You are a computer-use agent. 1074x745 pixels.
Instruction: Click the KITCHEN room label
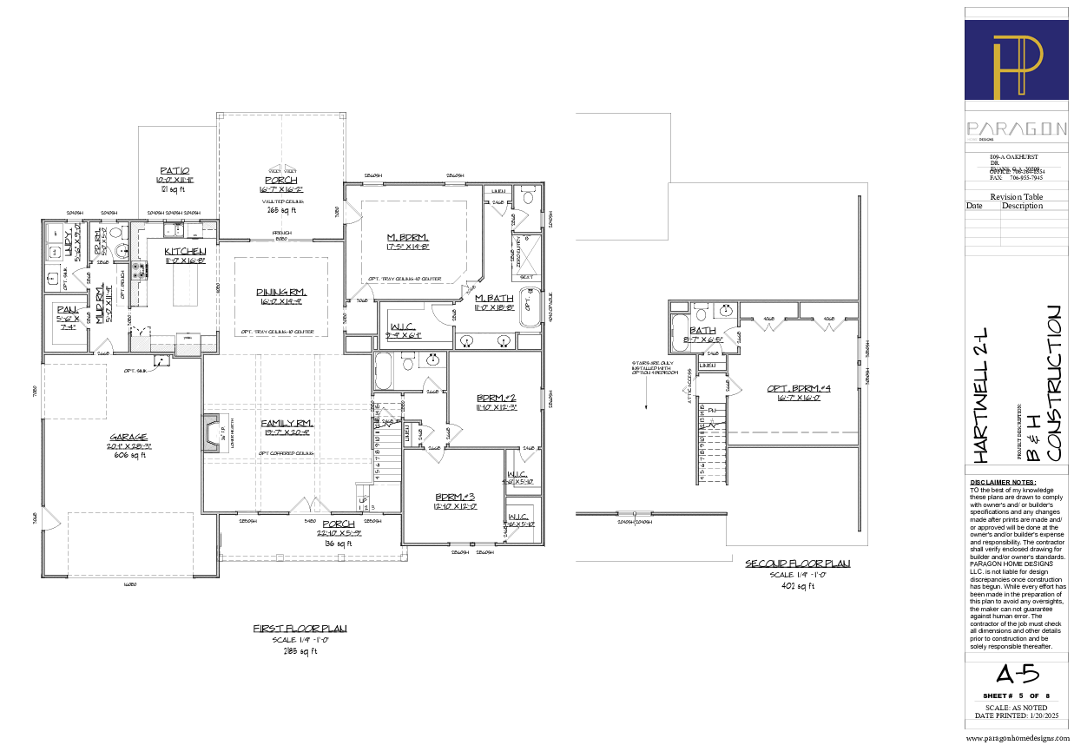[x=185, y=252]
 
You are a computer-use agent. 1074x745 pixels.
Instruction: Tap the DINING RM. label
[x=280, y=292]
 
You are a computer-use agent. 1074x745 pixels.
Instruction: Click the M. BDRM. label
[x=408, y=237]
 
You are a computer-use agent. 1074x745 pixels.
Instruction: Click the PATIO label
[x=175, y=170]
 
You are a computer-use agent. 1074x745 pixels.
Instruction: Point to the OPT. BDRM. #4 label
[x=799, y=388]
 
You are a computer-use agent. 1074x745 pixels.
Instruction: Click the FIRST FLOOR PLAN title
[x=300, y=628]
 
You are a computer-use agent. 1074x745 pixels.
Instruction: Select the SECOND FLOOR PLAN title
[x=797, y=564]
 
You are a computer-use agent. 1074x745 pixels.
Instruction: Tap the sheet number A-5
[x=1016, y=675]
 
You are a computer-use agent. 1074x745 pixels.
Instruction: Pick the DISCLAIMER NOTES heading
[x=1003, y=482]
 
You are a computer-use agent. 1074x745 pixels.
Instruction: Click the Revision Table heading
[x=1017, y=197]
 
